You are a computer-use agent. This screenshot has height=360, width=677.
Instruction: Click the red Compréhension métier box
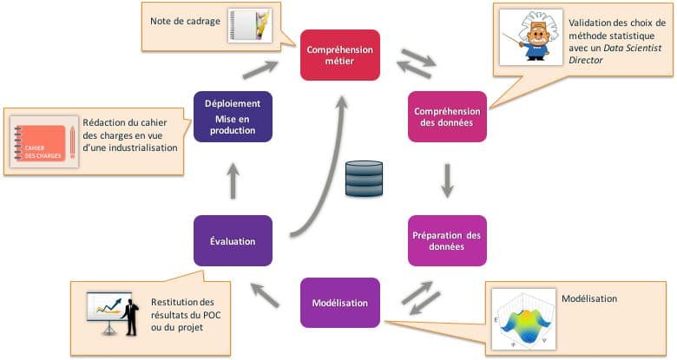pyautogui.click(x=339, y=56)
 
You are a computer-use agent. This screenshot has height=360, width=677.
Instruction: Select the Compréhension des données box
pyautogui.click(x=447, y=116)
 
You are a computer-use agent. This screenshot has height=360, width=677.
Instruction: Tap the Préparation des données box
pyautogui.click(x=447, y=240)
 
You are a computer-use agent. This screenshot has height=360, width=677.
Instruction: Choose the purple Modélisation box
pyautogui.click(x=339, y=303)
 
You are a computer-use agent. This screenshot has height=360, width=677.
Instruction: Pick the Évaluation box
pyautogui.click(x=233, y=240)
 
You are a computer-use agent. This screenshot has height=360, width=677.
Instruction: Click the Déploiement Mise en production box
pyautogui.click(x=233, y=116)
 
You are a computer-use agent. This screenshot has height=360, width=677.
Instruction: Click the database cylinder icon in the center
pyautogui.click(x=363, y=180)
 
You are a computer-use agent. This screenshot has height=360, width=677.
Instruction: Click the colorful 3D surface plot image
pyautogui.click(x=523, y=320)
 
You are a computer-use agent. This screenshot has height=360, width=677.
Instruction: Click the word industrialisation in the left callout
pyautogui.click(x=141, y=148)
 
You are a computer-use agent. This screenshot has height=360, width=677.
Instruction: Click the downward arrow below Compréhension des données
pyautogui.click(x=448, y=179)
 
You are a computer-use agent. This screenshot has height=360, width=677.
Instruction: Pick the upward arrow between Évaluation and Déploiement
pyautogui.click(x=233, y=180)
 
